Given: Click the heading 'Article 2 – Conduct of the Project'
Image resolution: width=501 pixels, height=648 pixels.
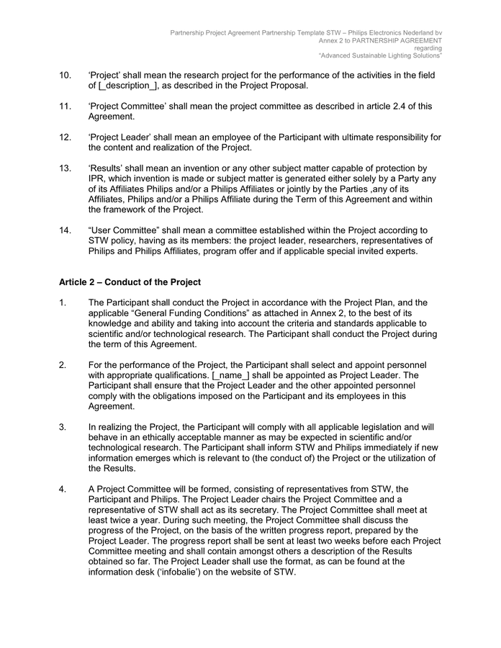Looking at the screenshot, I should point(130,281).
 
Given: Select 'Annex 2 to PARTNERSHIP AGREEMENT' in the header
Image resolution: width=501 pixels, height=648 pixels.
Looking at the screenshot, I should point(381,40).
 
